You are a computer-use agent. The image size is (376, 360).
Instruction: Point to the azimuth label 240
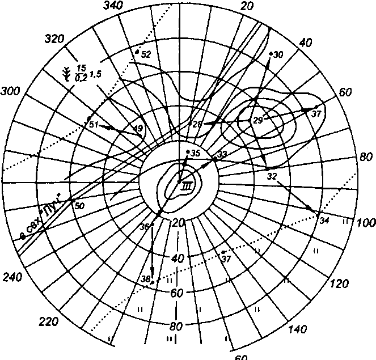[x=12, y=278]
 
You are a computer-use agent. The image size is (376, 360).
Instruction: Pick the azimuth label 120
[x=339, y=284]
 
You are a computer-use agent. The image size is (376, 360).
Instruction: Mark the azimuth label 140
[x=298, y=330]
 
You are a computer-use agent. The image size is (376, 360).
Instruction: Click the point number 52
[x=145, y=55]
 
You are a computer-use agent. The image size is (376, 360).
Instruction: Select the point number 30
[x=278, y=55]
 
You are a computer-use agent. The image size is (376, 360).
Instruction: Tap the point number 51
[x=94, y=124]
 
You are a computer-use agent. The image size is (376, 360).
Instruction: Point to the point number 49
[x=138, y=129]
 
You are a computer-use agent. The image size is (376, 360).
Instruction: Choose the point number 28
[x=197, y=125]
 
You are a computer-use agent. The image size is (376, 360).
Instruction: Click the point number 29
[x=258, y=121]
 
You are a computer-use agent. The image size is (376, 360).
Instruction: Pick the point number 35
[x=196, y=154]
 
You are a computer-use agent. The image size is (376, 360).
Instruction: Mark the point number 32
[x=272, y=176]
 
